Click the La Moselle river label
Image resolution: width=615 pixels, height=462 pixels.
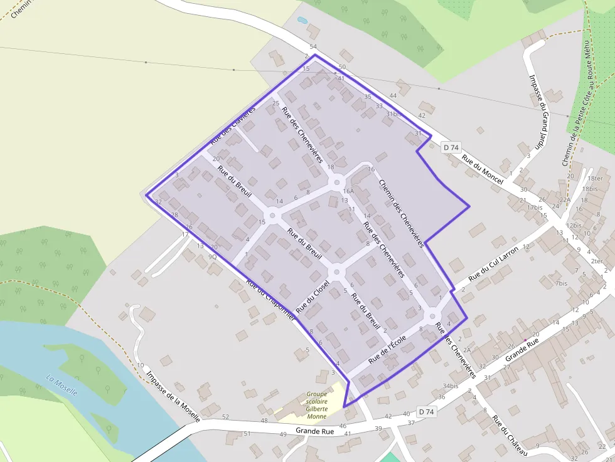(x=61, y=384)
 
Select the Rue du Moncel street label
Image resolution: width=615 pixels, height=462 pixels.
(x=483, y=169)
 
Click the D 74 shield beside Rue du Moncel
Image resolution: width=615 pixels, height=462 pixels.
(x=451, y=147)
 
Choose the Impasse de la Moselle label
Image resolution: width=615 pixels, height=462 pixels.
(x=173, y=397)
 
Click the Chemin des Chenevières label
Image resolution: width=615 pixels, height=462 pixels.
(x=402, y=213)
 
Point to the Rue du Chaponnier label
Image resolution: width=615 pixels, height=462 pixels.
(x=270, y=300)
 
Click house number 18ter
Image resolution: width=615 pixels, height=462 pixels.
(x=595, y=179)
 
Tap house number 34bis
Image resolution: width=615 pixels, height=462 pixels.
(x=450, y=386)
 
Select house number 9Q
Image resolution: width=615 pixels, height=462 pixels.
(x=212, y=256)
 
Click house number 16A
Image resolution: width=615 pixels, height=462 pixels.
(x=348, y=191)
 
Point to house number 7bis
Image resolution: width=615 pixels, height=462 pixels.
(x=560, y=283)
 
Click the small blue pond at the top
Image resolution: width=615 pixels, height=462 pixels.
(x=302, y=20)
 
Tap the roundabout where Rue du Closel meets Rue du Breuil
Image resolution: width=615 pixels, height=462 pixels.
(x=336, y=272)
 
